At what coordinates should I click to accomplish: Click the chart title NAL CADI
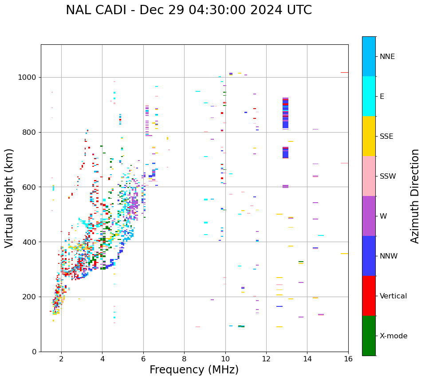[189, 10]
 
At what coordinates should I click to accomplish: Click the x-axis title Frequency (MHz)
[194, 370]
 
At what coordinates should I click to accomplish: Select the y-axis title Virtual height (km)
[9, 198]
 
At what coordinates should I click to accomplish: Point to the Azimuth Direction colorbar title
[415, 196]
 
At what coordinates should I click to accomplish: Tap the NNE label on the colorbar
[387, 57]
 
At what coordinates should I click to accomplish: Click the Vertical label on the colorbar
[393, 296]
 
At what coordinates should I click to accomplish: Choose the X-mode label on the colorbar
[393, 336]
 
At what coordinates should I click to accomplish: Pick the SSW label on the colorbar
[387, 176]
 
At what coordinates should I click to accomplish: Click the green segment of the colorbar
[369, 336]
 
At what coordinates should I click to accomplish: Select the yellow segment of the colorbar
[369, 136]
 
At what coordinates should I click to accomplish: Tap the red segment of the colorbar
[369, 296]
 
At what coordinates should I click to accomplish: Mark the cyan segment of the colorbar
[369, 96]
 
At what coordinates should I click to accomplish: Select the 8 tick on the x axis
[184, 359]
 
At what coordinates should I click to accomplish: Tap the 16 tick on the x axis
[348, 359]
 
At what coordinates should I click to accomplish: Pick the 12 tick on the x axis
[266, 359]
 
